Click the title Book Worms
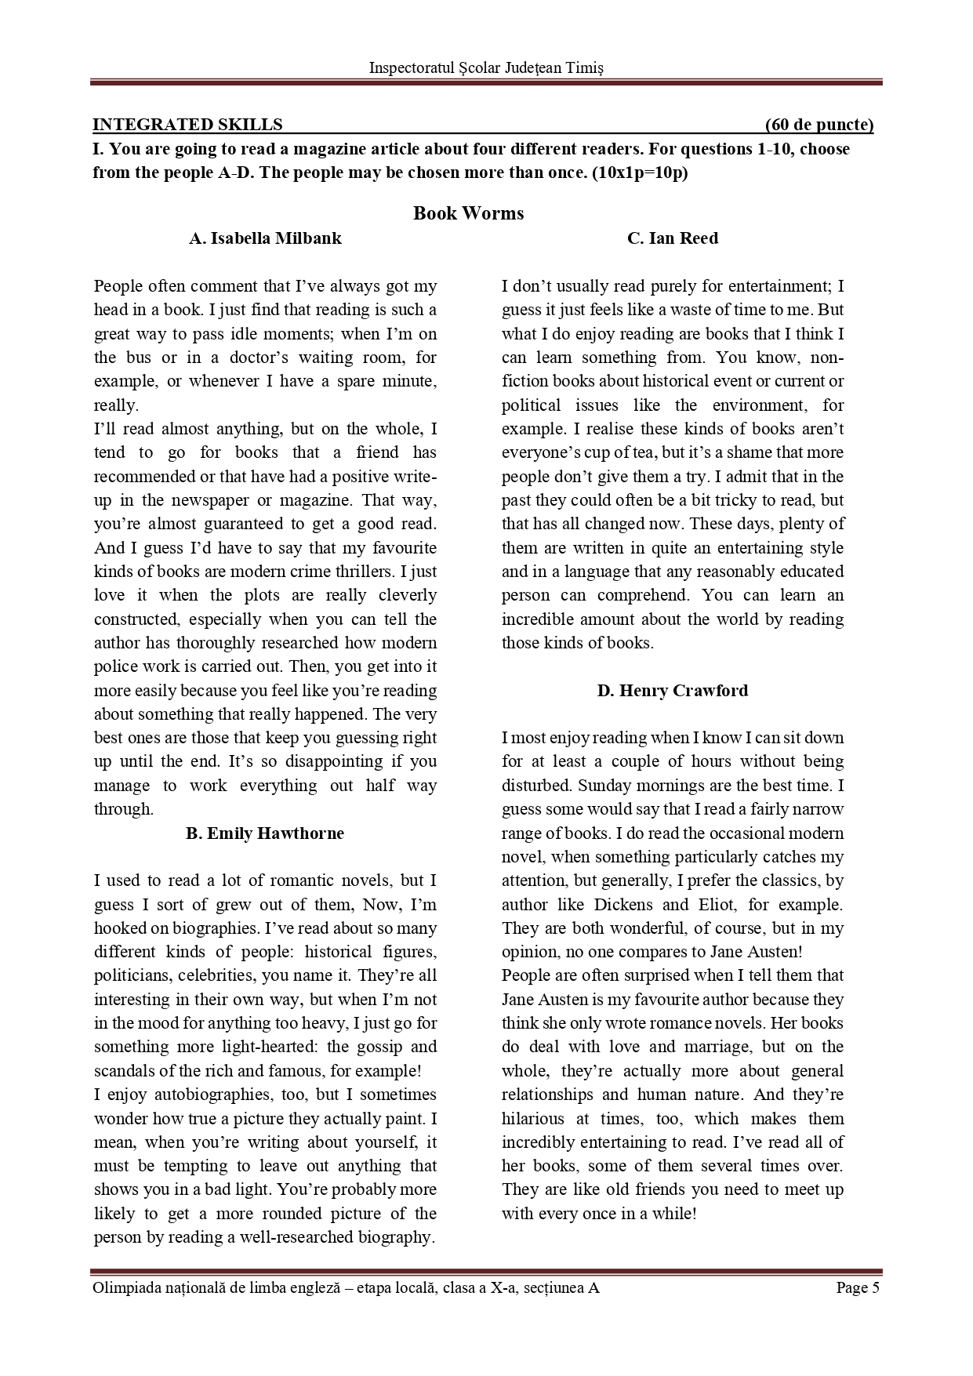pyautogui.click(x=468, y=213)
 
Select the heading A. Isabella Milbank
pyautogui.click(x=265, y=238)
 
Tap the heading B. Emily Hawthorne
pyautogui.click(x=265, y=833)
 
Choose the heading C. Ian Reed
pyautogui.click(x=672, y=238)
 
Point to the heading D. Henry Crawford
pyautogui.click(x=672, y=691)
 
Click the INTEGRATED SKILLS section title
pyautogui.click(x=187, y=125)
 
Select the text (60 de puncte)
pyautogui.click(x=819, y=125)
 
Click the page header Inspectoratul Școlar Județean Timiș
pyautogui.click(x=486, y=68)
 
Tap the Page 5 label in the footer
pyautogui.click(x=858, y=1287)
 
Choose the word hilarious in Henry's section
pyautogui.click(x=533, y=1119)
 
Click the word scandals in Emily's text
pyautogui.click(x=122, y=1071)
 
